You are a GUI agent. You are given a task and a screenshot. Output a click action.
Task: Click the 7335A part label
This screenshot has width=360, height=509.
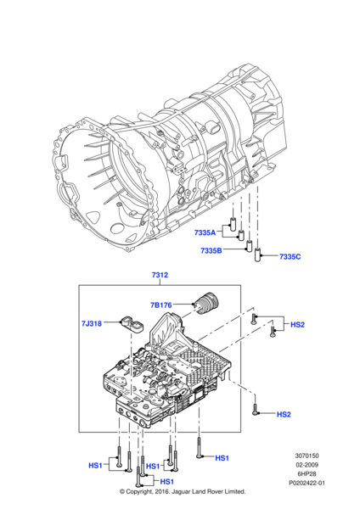(x=205, y=232)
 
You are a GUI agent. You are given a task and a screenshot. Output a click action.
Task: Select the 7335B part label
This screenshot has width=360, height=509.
(x=211, y=250)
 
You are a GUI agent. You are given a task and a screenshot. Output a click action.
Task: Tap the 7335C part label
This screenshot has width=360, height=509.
(x=290, y=256)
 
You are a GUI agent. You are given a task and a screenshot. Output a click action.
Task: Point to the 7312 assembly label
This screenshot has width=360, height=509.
(x=160, y=275)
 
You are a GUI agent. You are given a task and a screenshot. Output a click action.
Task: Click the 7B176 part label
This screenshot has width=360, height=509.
(x=160, y=305)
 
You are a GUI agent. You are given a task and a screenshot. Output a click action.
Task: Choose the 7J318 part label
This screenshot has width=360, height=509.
(x=92, y=323)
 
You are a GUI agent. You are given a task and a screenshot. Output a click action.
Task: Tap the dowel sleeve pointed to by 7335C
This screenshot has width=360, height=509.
(x=257, y=255)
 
